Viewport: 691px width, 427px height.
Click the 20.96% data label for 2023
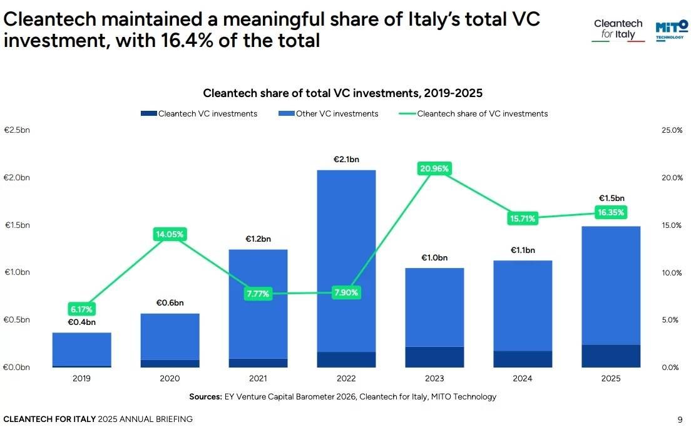click(x=434, y=168)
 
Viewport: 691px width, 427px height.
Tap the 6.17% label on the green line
click(x=81, y=309)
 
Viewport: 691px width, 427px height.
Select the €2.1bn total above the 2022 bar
click(x=346, y=159)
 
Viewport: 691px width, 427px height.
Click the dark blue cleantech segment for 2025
click(x=611, y=356)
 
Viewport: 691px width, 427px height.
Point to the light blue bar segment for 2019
click(x=81, y=349)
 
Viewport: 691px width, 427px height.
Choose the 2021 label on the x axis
click(x=258, y=379)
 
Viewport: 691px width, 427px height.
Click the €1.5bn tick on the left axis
click(x=17, y=225)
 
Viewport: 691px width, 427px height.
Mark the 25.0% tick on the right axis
click(x=672, y=130)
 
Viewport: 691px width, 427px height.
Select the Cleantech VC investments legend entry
click(x=207, y=114)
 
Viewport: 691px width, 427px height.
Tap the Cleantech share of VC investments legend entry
click(x=482, y=114)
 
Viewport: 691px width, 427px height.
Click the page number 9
click(x=680, y=419)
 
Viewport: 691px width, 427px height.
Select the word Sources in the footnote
click(x=205, y=397)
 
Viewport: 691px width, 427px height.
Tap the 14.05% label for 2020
click(x=170, y=234)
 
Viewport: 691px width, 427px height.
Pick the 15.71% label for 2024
click(x=523, y=219)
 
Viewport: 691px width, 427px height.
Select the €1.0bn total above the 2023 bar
click(x=434, y=257)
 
